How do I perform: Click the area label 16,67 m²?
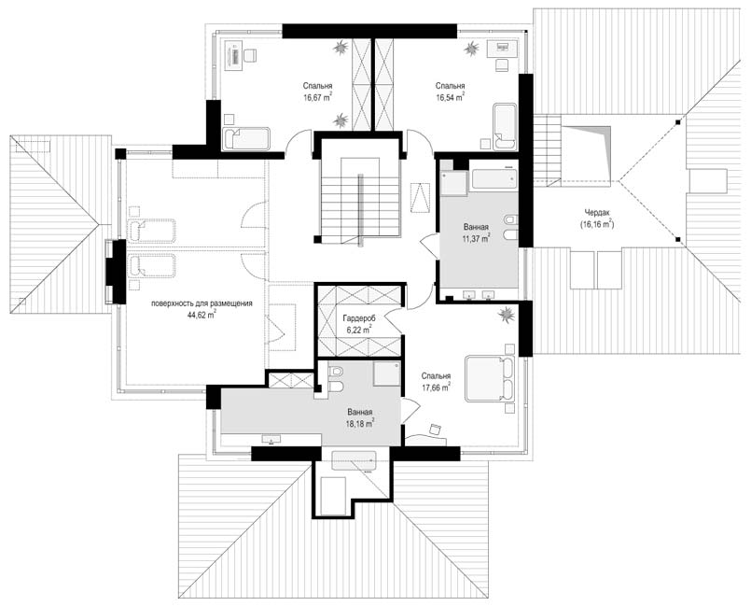pos(317,98)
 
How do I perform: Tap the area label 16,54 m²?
pos(450,98)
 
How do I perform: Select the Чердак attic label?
pos(597,213)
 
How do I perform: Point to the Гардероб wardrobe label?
pos(359,318)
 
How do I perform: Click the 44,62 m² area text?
pos(202,315)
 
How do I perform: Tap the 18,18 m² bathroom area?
pos(360,423)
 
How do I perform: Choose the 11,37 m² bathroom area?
pos(476,238)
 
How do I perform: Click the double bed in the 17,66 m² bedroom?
pos(490,378)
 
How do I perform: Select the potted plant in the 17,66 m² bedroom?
pos(506,315)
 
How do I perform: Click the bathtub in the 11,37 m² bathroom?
pos(494,177)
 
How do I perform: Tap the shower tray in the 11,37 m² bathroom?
pos(453,184)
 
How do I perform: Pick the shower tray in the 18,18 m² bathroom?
pos(387,373)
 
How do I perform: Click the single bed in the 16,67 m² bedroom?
pos(246,138)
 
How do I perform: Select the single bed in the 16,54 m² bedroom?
pos(505,126)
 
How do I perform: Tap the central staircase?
pos(359,197)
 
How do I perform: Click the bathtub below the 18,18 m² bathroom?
pos(354,460)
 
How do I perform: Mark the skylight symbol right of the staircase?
pos(421,197)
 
